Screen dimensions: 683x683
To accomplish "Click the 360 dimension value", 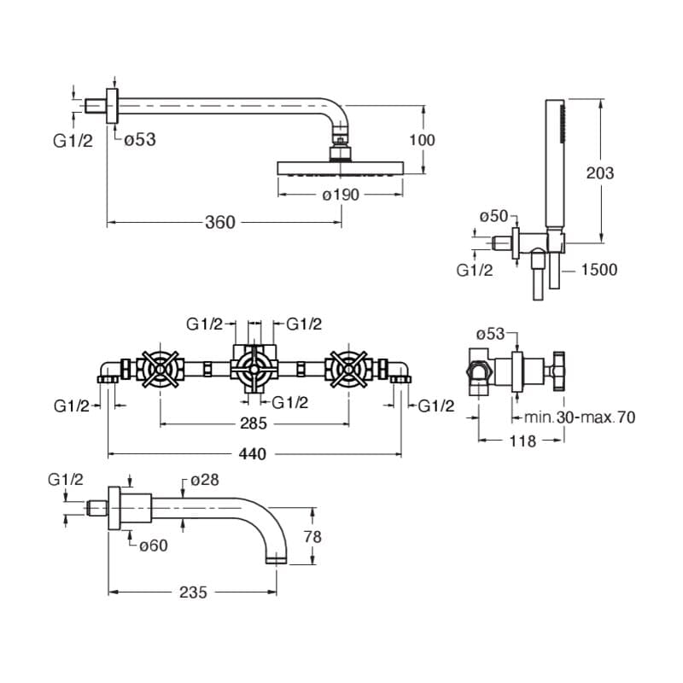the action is [x=220, y=223].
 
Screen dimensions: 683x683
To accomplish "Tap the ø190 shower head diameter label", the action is [x=341, y=195].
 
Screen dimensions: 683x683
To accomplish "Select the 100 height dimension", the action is [x=422, y=140].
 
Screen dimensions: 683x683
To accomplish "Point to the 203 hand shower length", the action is [x=600, y=173].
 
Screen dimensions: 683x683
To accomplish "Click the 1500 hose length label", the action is [x=599, y=270].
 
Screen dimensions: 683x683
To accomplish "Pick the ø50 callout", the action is [x=493, y=216].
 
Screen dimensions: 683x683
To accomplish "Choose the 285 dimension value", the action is [x=253, y=423].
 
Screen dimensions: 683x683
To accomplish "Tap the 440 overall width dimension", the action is [x=252, y=454].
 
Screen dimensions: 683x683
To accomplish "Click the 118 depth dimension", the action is [x=522, y=441].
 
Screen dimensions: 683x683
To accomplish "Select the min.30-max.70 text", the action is [x=580, y=417].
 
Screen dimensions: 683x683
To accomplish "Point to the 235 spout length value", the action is [x=193, y=593].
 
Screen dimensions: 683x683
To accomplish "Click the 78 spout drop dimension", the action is [x=312, y=537].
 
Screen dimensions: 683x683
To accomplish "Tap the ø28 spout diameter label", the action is [x=205, y=480].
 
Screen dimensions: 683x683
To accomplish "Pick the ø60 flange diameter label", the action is [x=154, y=546].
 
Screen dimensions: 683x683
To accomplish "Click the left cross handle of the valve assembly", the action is [x=160, y=370].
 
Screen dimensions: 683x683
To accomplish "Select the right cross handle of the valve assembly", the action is [x=348, y=370].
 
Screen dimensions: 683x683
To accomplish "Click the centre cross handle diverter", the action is [x=254, y=370].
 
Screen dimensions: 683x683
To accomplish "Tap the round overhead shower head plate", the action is [x=341, y=169].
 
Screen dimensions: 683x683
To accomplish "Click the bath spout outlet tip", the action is [x=277, y=560].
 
